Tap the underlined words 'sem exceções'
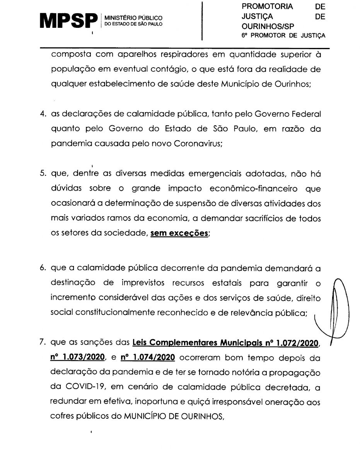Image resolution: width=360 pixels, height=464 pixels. (179, 234)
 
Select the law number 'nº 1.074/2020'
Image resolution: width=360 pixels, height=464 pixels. (148, 357)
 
